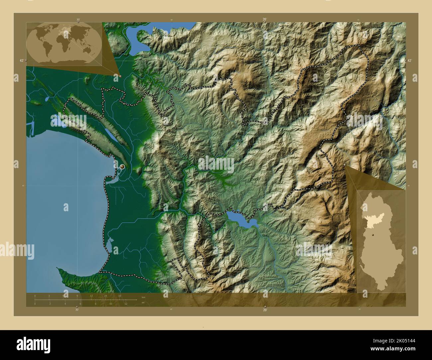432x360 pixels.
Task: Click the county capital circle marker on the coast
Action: click(x=122, y=167)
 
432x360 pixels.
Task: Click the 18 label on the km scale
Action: click(x=120, y=296)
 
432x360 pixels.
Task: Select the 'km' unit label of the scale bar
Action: click(x=143, y=297)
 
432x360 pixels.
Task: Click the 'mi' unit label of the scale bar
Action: click(x=143, y=302)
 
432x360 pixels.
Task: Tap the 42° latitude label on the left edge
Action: click(x=21, y=61)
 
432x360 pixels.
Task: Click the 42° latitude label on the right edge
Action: click(x=409, y=61)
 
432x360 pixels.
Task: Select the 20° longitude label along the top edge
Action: click(x=264, y=20)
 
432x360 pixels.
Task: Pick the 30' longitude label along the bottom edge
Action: click(x=77, y=310)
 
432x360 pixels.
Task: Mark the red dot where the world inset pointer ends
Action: click(x=120, y=76)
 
